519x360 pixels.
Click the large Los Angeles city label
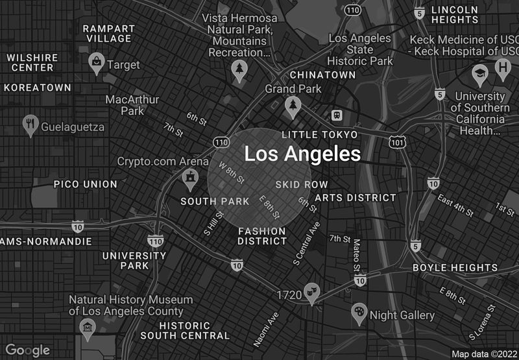pos(302,154)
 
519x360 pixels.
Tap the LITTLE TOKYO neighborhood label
pos(319,134)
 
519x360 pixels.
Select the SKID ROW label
pos(302,185)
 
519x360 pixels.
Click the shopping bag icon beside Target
pos(96,63)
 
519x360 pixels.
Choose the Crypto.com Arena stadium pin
pos(190,176)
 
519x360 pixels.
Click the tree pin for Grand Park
pos(293,106)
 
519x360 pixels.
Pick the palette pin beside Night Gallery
pos(359,313)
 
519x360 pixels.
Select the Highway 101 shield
pos(397,141)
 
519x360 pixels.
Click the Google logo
pos(28,350)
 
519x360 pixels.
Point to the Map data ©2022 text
pos(483,354)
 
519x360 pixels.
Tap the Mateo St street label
pos(356,254)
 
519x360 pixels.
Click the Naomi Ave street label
pos(266,328)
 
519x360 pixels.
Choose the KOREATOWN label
pos(37,88)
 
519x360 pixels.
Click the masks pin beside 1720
pos(313,293)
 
